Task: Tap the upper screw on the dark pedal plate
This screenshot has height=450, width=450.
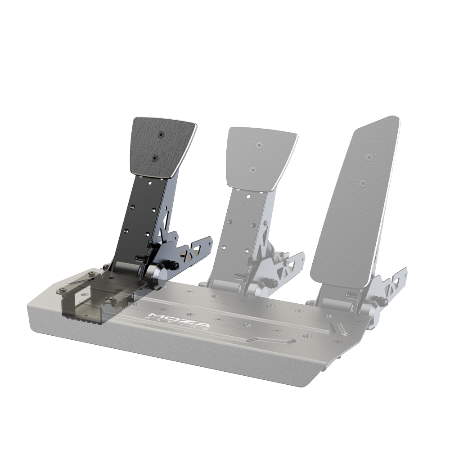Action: pyautogui.click(x=161, y=134)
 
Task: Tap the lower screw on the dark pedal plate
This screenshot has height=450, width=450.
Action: pyautogui.click(x=155, y=157)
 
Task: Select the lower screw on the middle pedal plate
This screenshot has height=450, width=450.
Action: pyautogui.click(x=253, y=169)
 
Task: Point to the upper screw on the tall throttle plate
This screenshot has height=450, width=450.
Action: pyautogui.click(x=369, y=157)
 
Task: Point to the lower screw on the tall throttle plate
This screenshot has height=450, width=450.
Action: pyautogui.click(x=364, y=183)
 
